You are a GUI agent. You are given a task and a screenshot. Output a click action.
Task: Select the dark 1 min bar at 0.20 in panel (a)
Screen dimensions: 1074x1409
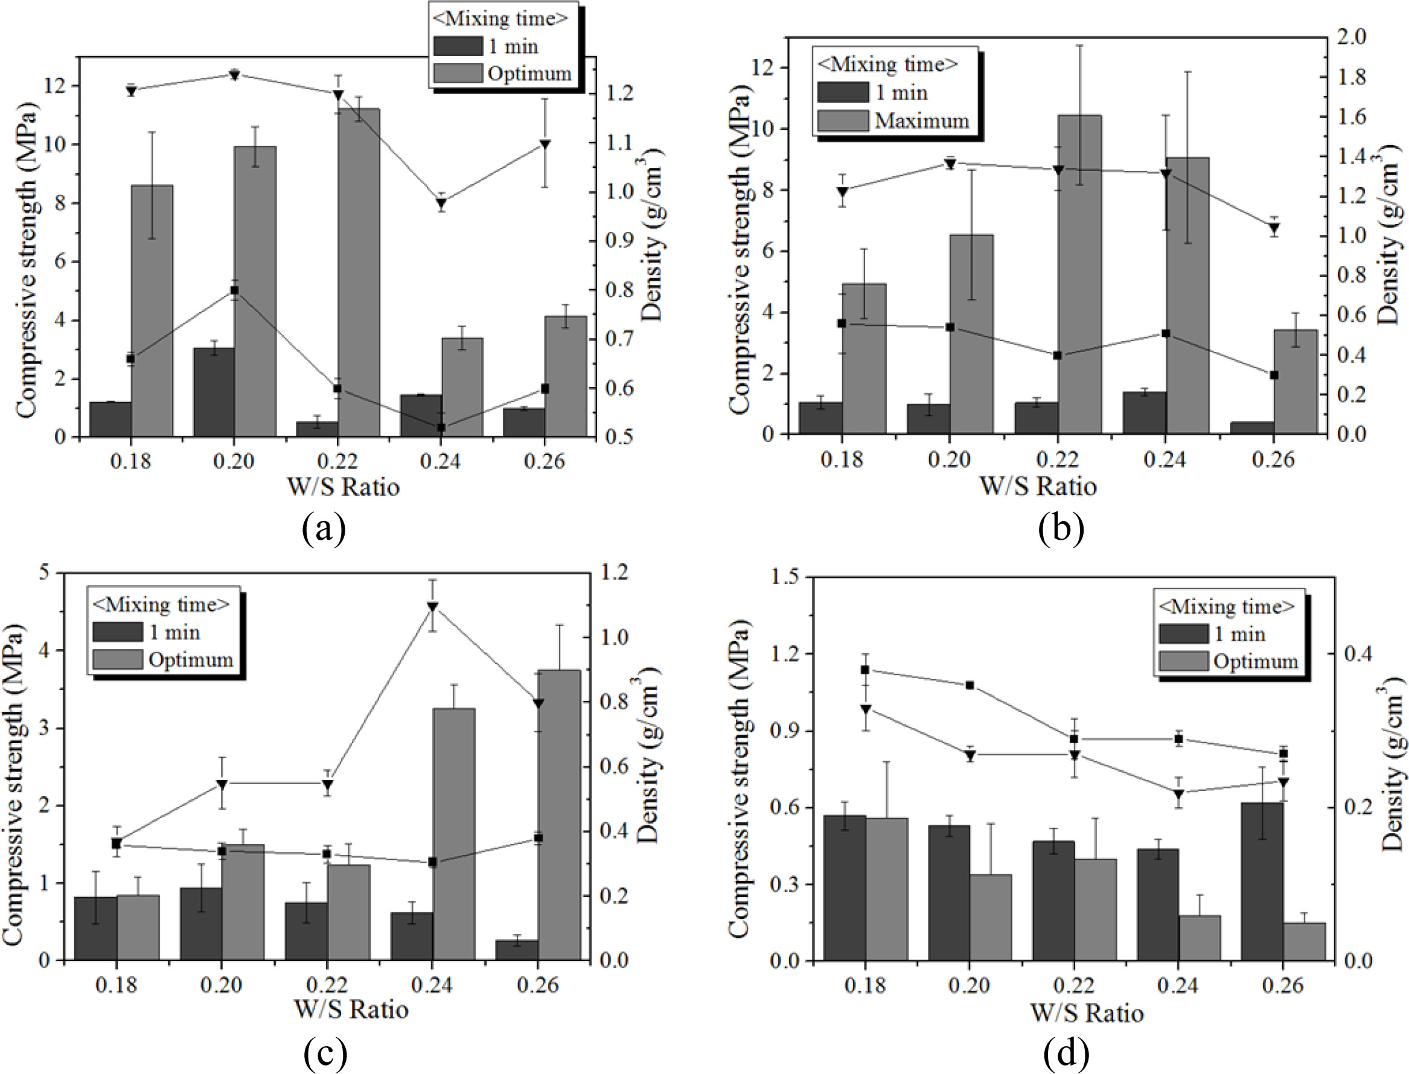pyautogui.click(x=214, y=392)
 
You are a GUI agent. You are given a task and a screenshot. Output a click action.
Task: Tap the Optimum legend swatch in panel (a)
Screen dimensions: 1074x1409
pyautogui.click(x=457, y=73)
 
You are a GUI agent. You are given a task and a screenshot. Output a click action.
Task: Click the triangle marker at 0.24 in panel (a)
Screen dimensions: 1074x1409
pyautogui.click(x=441, y=204)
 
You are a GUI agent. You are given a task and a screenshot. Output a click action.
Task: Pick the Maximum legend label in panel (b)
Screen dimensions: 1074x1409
pyautogui.click(x=922, y=120)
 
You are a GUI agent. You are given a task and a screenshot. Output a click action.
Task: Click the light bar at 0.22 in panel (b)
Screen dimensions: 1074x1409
pyautogui.click(x=1080, y=275)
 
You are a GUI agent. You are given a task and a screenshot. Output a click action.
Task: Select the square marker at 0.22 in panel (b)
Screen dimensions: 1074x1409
pyautogui.click(x=1058, y=356)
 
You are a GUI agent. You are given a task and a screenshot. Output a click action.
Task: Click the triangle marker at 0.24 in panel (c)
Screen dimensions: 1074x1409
pyautogui.click(x=432, y=607)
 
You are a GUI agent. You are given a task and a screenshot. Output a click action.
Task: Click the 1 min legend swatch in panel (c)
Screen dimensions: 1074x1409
pyautogui.click(x=117, y=632)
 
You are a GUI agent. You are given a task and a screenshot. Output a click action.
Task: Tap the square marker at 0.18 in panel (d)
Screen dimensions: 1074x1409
pyautogui.click(x=865, y=670)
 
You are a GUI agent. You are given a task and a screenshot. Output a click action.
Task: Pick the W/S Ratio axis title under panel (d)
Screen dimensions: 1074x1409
pyautogui.click(x=1086, y=1013)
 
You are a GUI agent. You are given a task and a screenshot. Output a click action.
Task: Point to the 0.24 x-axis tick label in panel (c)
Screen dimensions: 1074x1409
pyautogui.click(x=432, y=985)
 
